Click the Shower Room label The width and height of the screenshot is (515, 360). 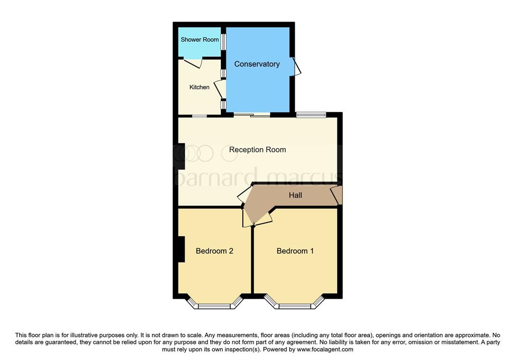click(200, 40)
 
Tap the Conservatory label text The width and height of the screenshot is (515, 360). click(257, 64)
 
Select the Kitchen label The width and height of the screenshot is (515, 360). click(199, 87)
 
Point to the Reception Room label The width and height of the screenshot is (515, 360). click(257, 149)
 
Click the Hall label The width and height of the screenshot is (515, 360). click(296, 195)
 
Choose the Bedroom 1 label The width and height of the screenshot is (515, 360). click(295, 251)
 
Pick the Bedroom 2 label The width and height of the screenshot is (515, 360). click(214, 251)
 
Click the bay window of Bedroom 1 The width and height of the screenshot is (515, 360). click(295, 304)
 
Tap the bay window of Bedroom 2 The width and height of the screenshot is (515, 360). click(214, 304)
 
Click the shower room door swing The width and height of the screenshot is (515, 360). click(193, 64)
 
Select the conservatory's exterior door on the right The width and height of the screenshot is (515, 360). click(297, 67)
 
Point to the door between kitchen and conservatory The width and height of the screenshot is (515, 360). click(220, 89)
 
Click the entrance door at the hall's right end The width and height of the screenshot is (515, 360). click(336, 195)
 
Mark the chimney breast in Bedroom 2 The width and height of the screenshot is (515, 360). click(182, 249)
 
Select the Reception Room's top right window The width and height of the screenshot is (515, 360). click(310, 115)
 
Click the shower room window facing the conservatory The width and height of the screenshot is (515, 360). click(223, 42)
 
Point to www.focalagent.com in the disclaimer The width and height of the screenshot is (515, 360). click(325, 349)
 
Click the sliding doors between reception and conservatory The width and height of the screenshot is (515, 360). click(251, 115)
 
